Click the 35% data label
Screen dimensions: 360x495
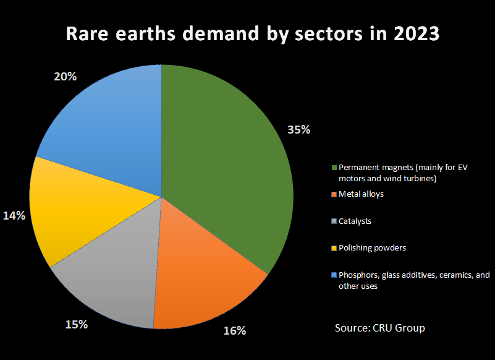[x=298, y=130]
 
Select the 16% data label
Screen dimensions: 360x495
[x=234, y=330]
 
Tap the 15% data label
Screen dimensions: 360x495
[x=77, y=324]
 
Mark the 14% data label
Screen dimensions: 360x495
[x=14, y=216]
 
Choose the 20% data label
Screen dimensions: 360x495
[x=65, y=77]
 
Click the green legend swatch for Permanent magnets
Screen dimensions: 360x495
[x=334, y=168]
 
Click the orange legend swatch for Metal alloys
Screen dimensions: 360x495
[x=334, y=194]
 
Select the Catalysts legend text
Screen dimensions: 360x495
[x=355, y=221]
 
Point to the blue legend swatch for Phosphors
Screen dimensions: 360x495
[x=334, y=275]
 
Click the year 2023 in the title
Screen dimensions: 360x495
[x=412, y=33]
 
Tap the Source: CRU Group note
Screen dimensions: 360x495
[x=379, y=328]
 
